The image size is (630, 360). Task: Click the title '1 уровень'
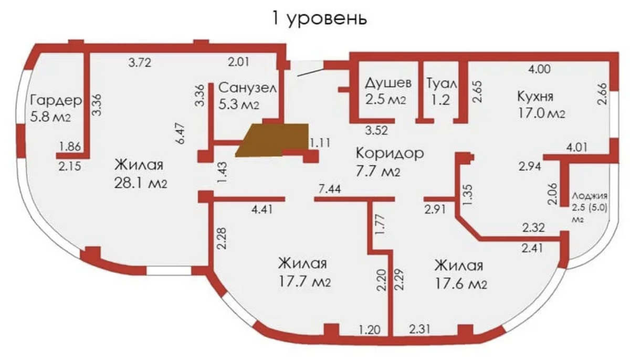(319, 18)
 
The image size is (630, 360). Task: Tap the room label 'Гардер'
(56, 100)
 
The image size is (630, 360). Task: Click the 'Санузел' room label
(247, 88)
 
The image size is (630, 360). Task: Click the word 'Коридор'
(390, 153)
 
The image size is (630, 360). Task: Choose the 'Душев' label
(388, 83)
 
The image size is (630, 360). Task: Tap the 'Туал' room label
(442, 83)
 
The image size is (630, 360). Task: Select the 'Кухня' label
(535, 97)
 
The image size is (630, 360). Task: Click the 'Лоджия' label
(590, 196)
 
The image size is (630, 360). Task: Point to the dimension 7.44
(330, 189)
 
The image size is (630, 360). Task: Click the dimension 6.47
(180, 133)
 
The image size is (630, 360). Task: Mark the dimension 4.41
(262, 209)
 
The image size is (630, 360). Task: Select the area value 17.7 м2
(304, 281)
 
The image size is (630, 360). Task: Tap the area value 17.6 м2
(461, 283)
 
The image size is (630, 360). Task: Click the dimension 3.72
(140, 62)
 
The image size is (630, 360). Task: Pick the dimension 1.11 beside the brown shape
(320, 143)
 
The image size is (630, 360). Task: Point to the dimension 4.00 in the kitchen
(540, 69)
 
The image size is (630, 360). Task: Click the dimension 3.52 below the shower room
(376, 130)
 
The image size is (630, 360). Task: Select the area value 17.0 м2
(541, 113)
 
